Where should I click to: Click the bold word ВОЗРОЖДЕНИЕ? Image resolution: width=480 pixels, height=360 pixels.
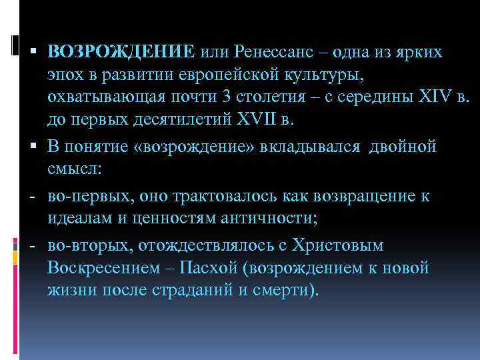pyautogui.click(x=121, y=52)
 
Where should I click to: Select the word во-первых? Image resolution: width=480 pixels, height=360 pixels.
pyautogui.click(x=84, y=196)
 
